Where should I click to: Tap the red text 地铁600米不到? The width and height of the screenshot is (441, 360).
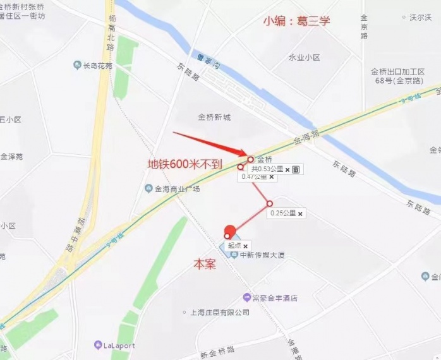coord(184,164)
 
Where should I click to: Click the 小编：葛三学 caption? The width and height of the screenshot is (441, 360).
coord(296,21)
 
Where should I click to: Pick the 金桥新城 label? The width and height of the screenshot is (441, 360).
coord(214,117)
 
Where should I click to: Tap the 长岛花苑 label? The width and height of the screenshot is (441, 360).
coord(97,65)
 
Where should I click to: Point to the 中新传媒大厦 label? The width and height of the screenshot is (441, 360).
coord(258,255)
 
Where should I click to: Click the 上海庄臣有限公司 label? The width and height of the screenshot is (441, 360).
coord(215,313)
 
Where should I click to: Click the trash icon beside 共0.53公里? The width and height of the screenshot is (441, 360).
coord(296,169)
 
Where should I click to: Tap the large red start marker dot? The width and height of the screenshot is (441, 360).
coord(230,231)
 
